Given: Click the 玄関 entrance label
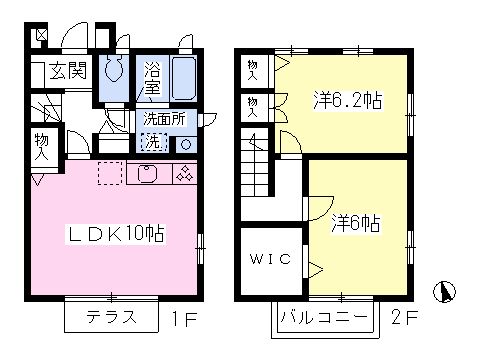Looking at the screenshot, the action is [x=68, y=71].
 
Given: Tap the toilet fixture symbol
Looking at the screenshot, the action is [x=114, y=69].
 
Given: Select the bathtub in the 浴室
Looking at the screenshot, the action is [x=183, y=78].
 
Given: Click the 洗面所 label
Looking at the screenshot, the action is [x=164, y=119].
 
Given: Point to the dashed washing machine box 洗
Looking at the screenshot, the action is [x=154, y=142].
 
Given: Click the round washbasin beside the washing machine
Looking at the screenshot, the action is [x=186, y=145].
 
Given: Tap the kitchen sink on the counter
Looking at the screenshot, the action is [x=147, y=174].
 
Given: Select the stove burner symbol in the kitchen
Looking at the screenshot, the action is [x=185, y=173].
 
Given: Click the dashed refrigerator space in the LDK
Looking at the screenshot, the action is [x=110, y=173].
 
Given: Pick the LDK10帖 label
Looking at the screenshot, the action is [x=116, y=234].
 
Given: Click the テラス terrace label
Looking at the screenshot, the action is [x=112, y=317].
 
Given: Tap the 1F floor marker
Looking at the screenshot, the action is [x=184, y=319].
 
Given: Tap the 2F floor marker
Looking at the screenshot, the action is [x=404, y=317].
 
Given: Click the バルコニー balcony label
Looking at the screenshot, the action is [x=324, y=317].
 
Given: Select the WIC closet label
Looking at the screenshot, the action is [x=270, y=259].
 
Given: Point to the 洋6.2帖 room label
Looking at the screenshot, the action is [x=348, y=100].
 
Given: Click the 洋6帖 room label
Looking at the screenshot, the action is [x=356, y=223].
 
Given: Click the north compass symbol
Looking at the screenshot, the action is [x=445, y=292].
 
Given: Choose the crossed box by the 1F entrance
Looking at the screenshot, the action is [x=42, y=35].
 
